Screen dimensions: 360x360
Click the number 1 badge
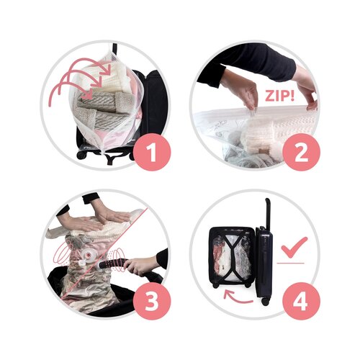[x=152, y=152]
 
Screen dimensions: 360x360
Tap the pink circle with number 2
[x=302, y=152]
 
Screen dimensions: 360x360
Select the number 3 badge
[x=152, y=301]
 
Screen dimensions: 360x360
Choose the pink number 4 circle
[x=302, y=301]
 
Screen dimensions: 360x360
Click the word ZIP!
[x=279, y=96]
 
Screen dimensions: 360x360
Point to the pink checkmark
[x=294, y=247]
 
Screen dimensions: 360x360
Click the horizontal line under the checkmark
[x=290, y=264]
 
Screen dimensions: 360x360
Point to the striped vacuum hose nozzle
[x=112, y=264]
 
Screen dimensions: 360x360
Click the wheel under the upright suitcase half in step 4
[x=265, y=302]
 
